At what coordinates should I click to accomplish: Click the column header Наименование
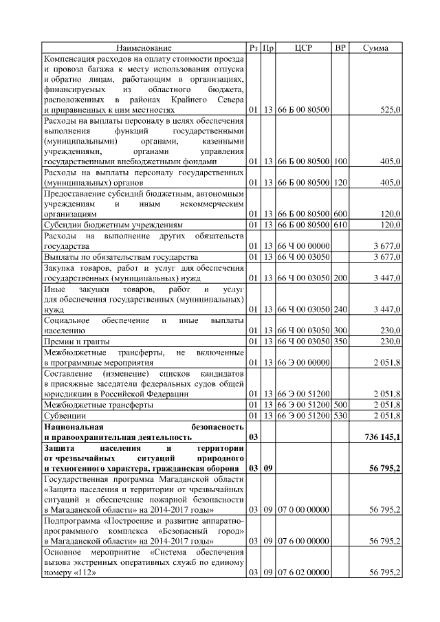click(144, 48)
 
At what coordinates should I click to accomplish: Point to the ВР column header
click(340, 48)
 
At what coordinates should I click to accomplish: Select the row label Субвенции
click(67, 416)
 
